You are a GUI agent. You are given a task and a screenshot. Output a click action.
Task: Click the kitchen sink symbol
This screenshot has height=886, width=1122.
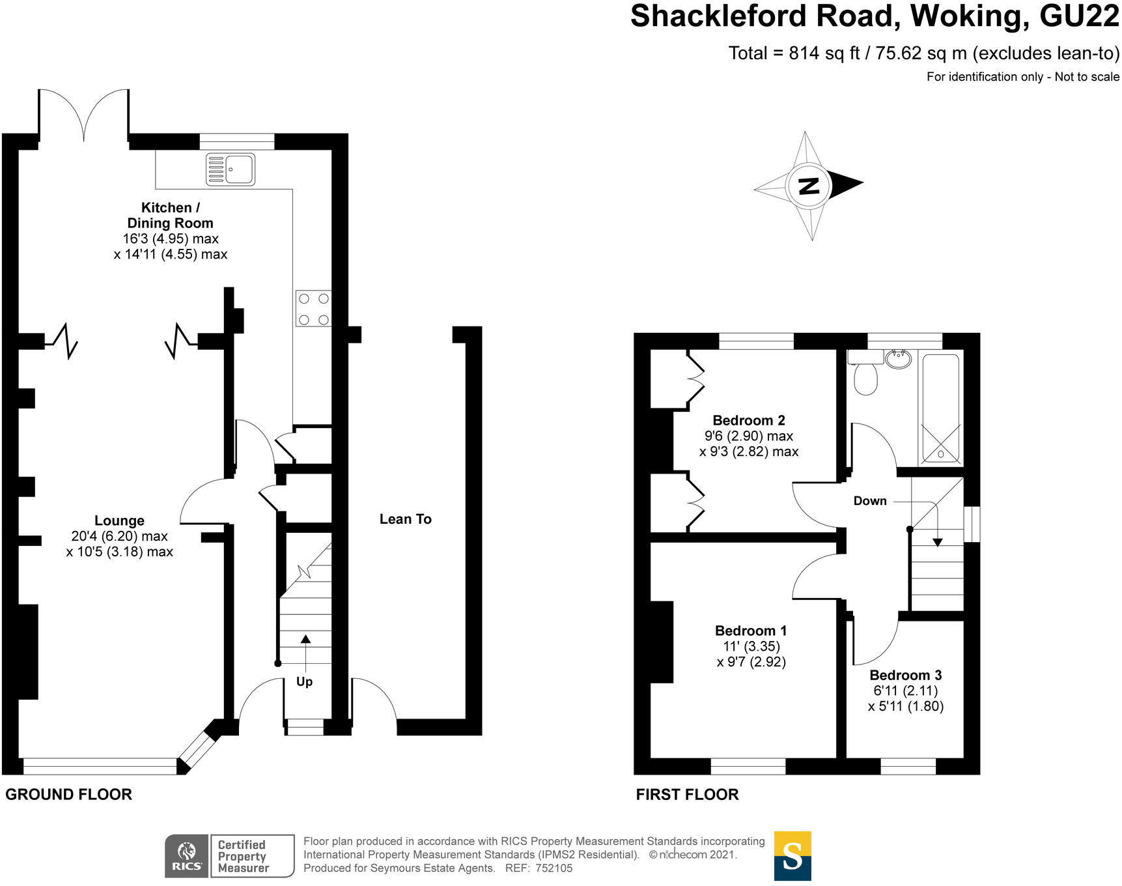point(230,169)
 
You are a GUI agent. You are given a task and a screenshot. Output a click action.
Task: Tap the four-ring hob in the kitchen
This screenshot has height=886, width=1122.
point(313,309)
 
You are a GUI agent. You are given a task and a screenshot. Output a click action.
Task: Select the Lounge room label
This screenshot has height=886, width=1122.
point(119,521)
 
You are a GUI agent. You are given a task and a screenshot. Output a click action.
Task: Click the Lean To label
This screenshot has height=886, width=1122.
point(405,519)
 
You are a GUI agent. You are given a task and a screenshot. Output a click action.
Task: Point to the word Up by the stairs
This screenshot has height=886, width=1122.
point(304,681)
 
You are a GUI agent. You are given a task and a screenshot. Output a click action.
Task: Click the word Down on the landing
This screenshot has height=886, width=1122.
point(870,500)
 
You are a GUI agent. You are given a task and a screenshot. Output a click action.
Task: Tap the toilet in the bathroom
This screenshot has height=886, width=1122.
point(865,375)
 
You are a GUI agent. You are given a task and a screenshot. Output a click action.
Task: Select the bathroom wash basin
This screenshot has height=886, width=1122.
point(899,358)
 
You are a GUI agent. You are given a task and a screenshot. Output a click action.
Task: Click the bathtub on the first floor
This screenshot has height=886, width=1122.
point(940,407)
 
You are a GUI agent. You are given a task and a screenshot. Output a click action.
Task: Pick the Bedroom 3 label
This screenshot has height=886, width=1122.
point(905,675)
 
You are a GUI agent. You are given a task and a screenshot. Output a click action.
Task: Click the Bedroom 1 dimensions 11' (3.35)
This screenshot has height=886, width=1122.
point(751,646)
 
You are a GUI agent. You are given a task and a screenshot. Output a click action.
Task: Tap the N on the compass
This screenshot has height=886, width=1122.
point(808,186)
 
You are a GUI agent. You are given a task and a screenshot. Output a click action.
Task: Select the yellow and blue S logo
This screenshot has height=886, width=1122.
point(792,855)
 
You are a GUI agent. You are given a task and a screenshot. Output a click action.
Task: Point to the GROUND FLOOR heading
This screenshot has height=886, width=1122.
point(68,794)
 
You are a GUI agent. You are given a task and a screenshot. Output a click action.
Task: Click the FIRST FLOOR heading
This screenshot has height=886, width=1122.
point(687,794)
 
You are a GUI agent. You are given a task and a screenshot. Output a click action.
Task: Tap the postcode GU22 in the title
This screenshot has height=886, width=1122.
point(1078,16)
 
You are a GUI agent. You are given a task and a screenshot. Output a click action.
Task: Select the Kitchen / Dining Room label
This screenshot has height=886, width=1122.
point(170,215)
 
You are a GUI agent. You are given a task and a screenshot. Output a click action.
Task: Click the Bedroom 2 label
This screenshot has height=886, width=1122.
point(749,420)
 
